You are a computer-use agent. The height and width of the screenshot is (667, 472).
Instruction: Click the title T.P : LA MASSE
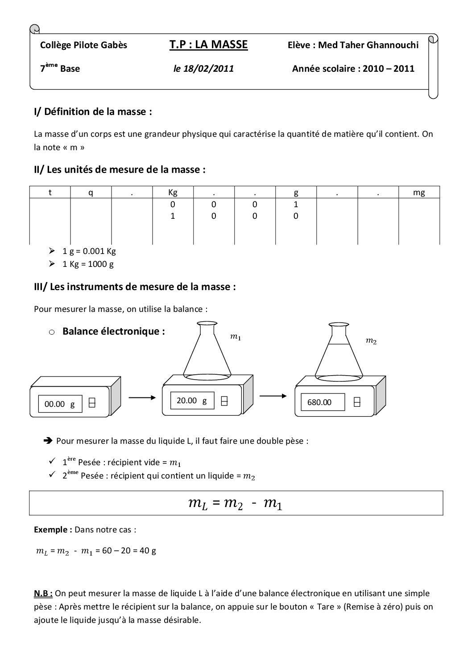(208, 45)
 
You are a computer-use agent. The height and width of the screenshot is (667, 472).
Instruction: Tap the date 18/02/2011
(203, 69)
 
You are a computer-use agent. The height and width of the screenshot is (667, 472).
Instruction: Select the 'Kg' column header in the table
(173, 192)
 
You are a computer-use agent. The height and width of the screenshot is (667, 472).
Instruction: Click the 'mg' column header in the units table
(419, 192)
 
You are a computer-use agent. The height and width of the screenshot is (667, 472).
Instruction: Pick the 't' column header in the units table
(50, 192)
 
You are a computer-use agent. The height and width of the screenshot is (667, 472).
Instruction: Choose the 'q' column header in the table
(91, 192)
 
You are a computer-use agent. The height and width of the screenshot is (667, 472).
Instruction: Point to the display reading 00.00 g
(60, 404)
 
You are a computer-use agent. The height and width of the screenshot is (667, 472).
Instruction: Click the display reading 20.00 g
(192, 401)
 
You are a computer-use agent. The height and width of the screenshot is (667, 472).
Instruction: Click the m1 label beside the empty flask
(235, 337)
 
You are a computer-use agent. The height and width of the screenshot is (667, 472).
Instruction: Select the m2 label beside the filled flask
(371, 341)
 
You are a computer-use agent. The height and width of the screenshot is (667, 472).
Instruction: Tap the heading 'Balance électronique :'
(114, 331)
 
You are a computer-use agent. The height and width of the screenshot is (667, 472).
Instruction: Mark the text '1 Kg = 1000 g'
(88, 264)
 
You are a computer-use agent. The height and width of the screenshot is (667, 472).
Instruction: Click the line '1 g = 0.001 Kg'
(89, 251)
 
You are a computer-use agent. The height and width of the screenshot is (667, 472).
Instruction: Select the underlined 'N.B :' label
(43, 593)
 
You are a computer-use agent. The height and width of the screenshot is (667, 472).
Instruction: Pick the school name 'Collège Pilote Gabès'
(83, 45)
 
